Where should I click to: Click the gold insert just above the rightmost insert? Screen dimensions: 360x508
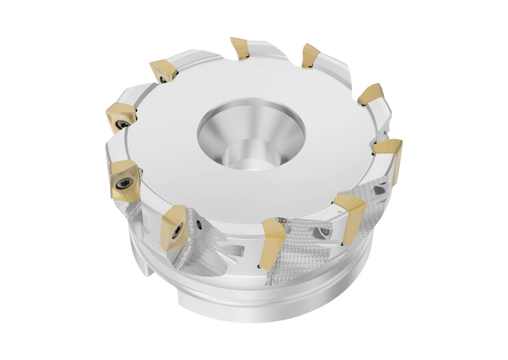pos(372,94)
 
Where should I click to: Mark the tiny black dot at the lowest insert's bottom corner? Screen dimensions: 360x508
pos(258,268)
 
